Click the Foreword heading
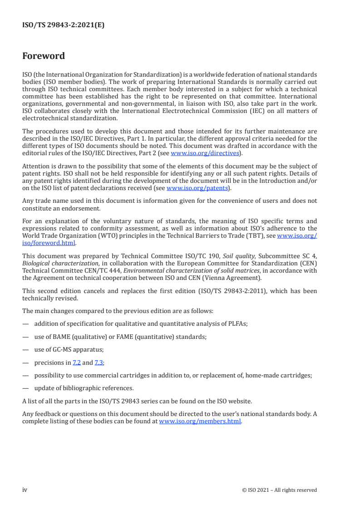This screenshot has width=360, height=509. coord(44,56)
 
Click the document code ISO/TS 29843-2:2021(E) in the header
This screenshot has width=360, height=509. coord(64,25)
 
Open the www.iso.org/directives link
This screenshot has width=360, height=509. coord(205,153)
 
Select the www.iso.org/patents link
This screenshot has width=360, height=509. coord(199,188)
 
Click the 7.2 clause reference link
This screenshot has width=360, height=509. coord(76,362)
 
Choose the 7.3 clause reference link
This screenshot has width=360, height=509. coord(99,362)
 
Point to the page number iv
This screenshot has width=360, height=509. coord(25,489)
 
